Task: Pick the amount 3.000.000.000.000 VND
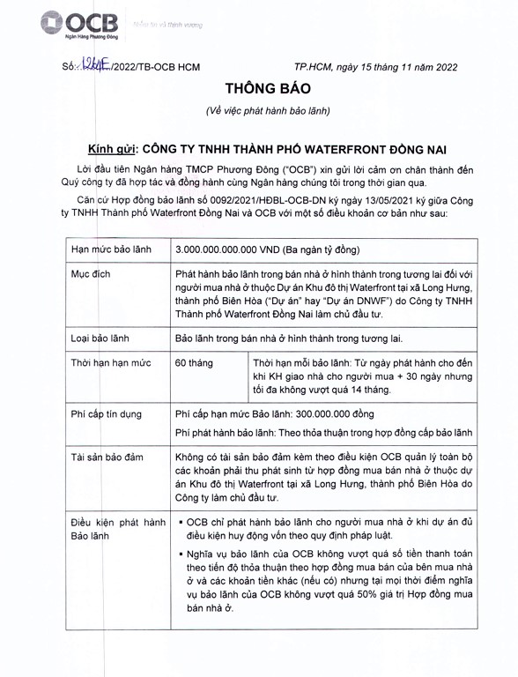point(230,251)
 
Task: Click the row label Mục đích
point(91,274)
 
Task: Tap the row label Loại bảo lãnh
point(105,338)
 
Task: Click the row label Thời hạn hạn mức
point(110,362)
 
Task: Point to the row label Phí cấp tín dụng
point(109,413)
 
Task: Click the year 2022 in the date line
point(440,66)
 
